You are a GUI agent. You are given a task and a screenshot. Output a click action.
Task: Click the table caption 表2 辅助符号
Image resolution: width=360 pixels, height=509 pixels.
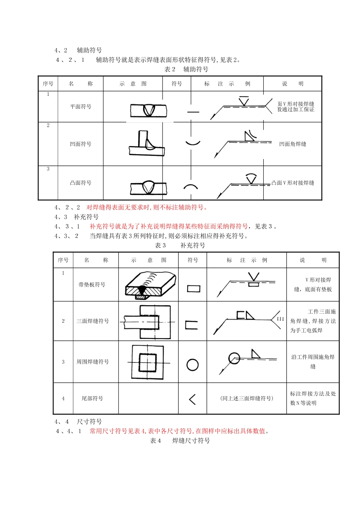tap(186, 69)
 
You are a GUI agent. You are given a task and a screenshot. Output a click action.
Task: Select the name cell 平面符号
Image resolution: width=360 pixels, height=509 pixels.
tap(81, 107)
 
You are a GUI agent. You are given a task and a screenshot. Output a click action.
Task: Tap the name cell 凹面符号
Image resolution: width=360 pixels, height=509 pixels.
tap(81, 144)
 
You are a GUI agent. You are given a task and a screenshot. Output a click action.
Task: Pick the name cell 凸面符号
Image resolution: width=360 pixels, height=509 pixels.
tap(81, 183)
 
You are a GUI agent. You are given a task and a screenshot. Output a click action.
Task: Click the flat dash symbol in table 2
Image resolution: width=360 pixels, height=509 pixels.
tap(193, 112)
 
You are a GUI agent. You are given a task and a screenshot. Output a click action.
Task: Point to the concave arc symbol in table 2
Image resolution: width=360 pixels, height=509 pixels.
tap(193, 143)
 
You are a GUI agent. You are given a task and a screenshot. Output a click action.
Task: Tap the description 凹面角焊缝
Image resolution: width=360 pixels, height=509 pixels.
tap(293, 144)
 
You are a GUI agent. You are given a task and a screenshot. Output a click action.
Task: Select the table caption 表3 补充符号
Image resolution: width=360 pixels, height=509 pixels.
tap(180, 245)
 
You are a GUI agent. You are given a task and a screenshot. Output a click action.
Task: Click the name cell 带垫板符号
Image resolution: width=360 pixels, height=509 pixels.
tap(92, 285)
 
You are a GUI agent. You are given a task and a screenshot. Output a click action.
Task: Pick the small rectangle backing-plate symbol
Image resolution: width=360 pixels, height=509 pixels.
tap(193, 289)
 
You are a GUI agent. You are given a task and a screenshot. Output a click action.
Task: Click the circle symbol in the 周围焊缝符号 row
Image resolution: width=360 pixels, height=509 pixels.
tap(193, 365)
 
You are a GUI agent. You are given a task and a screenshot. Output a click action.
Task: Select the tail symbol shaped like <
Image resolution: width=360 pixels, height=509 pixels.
tap(192, 399)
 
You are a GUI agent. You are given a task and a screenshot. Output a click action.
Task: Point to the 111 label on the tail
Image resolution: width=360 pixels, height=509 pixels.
tap(280, 319)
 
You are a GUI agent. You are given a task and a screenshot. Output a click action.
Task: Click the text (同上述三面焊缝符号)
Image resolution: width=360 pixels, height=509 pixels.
tap(246, 398)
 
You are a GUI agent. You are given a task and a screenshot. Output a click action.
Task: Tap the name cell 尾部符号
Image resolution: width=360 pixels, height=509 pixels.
tap(92, 398)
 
